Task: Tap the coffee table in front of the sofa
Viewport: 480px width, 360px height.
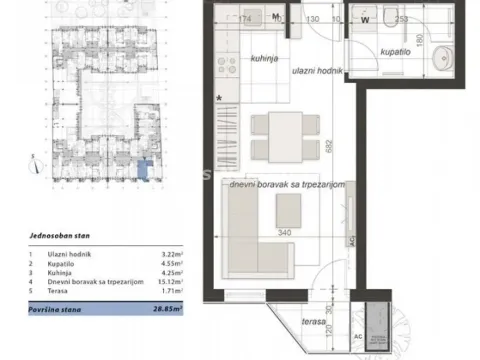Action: pyautogui.click(x=290, y=209)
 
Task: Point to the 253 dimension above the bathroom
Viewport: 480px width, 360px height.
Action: pyautogui.click(x=400, y=17)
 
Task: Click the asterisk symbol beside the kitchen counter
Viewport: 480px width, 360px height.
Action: pyautogui.click(x=218, y=98)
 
